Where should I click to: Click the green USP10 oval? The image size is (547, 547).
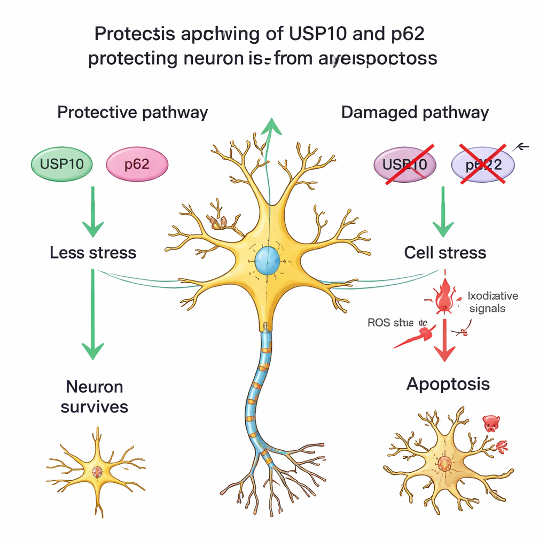tap(62, 163)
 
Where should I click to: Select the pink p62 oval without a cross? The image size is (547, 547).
tap(137, 163)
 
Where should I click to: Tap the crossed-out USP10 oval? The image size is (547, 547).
tap(405, 163)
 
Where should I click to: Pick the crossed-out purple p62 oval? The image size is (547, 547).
tap(483, 164)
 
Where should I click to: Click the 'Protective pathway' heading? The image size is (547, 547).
tap(132, 113)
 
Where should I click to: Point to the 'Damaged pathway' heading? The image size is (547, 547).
tap(415, 113)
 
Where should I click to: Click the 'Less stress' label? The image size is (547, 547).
tap(93, 252)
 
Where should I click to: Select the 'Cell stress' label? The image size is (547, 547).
tap(445, 252)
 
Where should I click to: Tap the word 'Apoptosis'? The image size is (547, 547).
tap(448, 384)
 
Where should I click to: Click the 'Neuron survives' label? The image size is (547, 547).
tap(95, 396)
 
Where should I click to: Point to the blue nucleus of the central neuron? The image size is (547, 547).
tap(268, 260)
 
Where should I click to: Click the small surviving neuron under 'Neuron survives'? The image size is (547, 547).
tap(96, 471)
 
